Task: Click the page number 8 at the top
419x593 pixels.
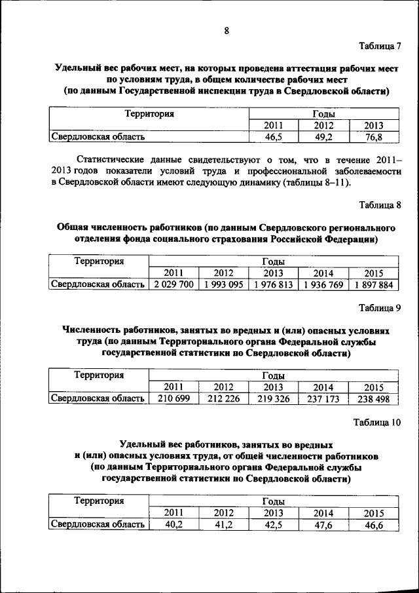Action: pos(226,31)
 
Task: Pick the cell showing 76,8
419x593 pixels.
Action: pos(373,137)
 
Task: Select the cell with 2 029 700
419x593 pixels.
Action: pos(173,284)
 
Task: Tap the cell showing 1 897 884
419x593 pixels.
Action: pos(373,284)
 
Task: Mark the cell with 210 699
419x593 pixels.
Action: pos(173,398)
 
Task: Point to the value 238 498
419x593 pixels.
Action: pos(373,398)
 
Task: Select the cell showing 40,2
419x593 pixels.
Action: pos(173,525)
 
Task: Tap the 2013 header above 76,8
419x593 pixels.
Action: pos(373,125)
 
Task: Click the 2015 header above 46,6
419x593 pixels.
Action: pos(373,513)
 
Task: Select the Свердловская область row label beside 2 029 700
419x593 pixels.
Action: pos(98,284)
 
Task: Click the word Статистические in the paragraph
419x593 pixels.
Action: pos(111,159)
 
